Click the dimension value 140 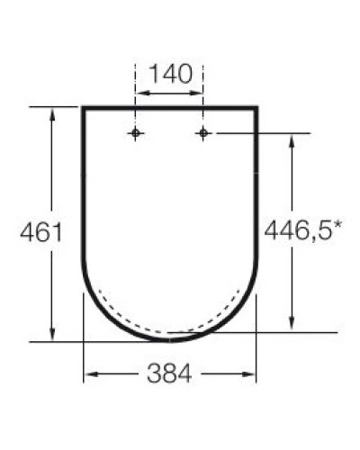click(171, 73)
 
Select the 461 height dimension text click(40, 232)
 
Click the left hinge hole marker click(136, 134)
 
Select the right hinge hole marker click(204, 134)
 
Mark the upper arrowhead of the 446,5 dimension click(292, 140)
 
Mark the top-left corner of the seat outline click(84, 108)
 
